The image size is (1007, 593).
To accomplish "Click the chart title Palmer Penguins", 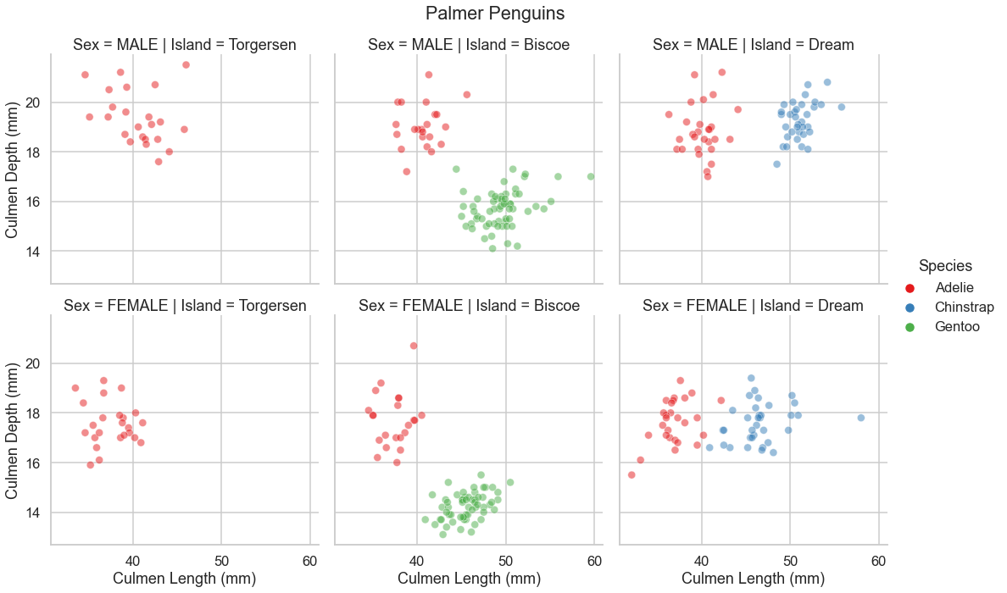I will [x=495, y=14].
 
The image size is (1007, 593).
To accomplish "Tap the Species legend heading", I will [x=945, y=266].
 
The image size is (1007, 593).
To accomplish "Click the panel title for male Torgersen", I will [x=185, y=44].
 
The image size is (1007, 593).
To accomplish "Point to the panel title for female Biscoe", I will [x=469, y=305].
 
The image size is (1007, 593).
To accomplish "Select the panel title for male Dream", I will [x=753, y=44].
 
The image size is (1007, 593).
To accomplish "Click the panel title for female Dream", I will [x=753, y=305].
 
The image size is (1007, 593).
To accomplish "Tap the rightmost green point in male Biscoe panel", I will [x=591, y=176].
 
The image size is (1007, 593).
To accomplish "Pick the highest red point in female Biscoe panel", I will [x=414, y=346].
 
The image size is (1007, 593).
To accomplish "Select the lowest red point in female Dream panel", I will [x=631, y=474].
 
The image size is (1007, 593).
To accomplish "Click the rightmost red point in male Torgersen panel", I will [x=186, y=65].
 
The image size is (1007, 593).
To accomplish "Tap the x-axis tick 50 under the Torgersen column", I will [x=221, y=561].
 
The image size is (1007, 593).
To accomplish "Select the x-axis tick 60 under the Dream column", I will [x=878, y=561].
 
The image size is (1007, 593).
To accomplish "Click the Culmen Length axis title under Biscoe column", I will [x=469, y=579].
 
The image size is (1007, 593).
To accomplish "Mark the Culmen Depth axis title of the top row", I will [x=12, y=168].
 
